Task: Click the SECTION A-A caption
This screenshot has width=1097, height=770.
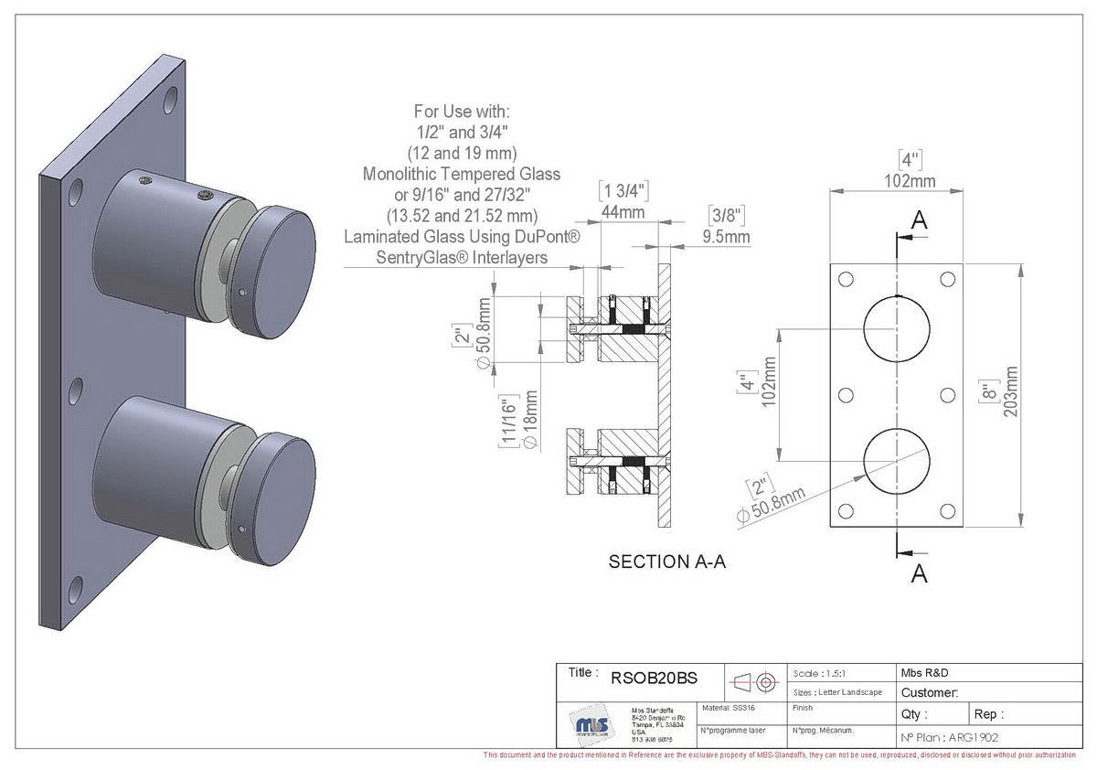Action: [666, 562]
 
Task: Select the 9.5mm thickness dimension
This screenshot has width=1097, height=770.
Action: [728, 238]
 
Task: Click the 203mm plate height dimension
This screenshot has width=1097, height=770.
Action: [1010, 391]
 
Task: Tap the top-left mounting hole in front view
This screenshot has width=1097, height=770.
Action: [846, 280]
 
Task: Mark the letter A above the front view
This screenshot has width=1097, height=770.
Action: [920, 220]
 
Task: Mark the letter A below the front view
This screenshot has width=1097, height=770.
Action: [920, 573]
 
